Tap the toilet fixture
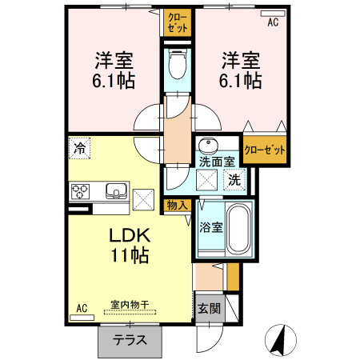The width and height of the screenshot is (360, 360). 178,64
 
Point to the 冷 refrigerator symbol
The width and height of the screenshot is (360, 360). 79,147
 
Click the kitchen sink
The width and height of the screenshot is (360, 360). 115,191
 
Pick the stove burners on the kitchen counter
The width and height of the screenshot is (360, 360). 81,191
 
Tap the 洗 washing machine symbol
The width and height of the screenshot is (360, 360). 234,180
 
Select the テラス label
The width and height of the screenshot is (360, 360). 130,339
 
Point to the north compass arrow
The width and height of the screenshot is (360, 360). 281,341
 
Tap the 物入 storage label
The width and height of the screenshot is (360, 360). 177,206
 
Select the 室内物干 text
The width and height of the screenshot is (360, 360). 130,306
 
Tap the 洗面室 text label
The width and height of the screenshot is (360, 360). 217,162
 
